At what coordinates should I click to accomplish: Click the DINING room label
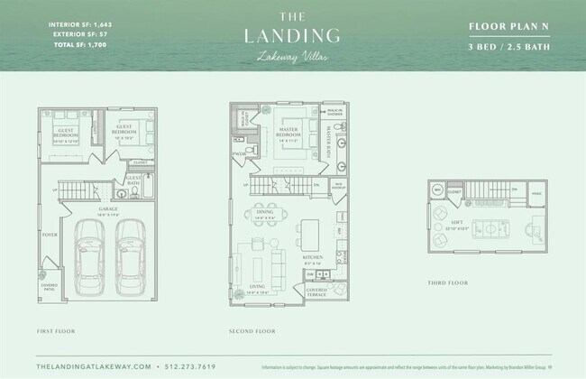pos(264,216)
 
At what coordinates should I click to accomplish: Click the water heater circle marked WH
pos(438,190)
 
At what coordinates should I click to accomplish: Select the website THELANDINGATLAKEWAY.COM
pos(94,367)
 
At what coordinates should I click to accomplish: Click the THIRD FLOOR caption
pos(448,282)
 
